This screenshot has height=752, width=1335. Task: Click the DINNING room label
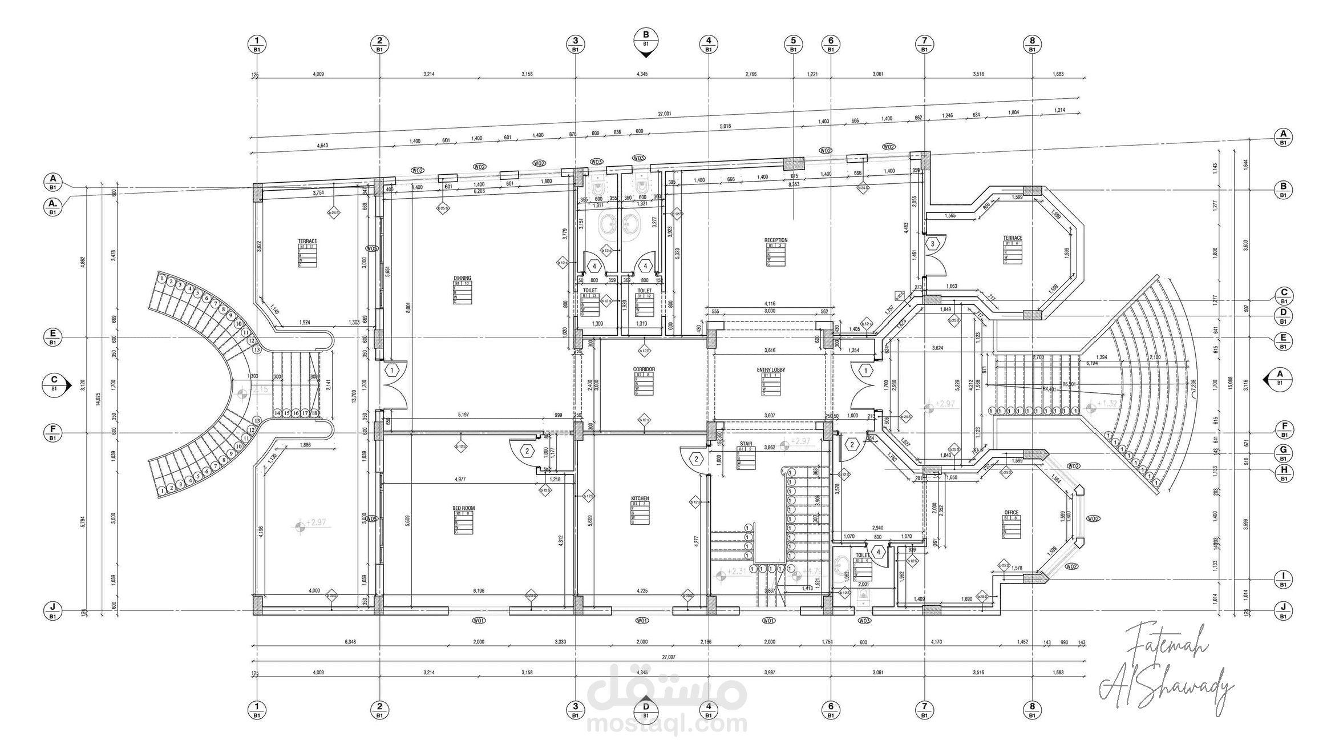(462, 279)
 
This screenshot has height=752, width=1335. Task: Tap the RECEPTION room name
(775, 240)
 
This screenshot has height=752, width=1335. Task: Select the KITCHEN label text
(640, 498)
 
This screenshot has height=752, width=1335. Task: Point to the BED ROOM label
(463, 508)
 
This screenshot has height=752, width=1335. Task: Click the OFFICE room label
(1011, 513)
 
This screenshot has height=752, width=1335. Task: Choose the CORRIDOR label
(644, 369)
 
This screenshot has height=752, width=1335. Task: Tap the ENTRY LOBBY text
(771, 370)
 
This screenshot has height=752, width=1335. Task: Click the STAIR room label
(746, 444)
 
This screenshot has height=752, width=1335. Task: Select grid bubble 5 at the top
(793, 44)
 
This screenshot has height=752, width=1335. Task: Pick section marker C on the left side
(55, 383)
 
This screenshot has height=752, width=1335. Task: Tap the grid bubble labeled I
(1284, 579)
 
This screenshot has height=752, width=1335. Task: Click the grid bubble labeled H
(1284, 473)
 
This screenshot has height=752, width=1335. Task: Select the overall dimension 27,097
(668, 657)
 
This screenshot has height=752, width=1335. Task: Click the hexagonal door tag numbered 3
(932, 244)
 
